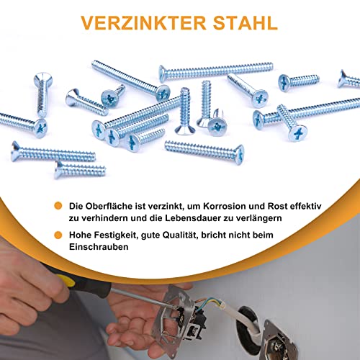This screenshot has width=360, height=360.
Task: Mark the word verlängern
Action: click(x=284, y=219)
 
